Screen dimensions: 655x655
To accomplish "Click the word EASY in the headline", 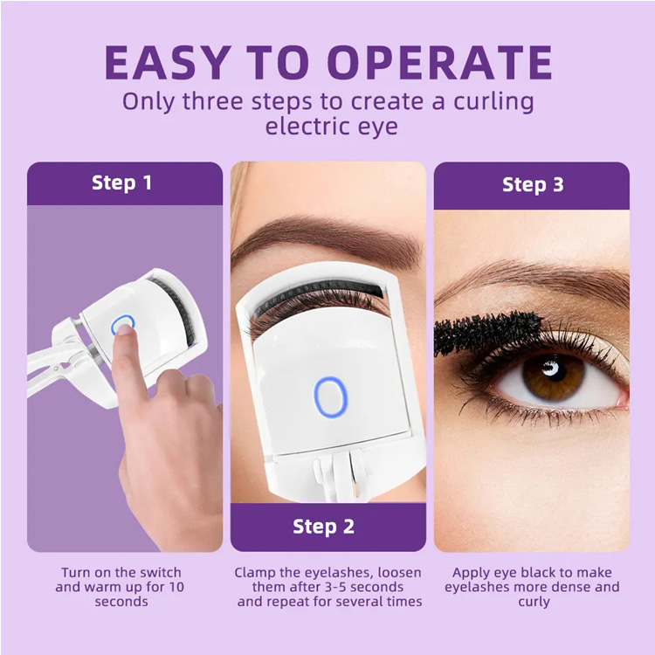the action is [168, 62].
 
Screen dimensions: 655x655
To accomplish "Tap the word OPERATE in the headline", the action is [440, 62].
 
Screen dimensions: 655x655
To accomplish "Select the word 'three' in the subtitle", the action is [212, 101].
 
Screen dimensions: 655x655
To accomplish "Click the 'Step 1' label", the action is [121, 183].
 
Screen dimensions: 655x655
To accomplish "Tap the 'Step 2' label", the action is [324, 527].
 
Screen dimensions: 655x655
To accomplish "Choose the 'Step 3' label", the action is [533, 184].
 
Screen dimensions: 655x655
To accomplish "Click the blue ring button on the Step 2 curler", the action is [331, 396].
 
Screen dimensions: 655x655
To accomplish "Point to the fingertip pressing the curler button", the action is [124, 329].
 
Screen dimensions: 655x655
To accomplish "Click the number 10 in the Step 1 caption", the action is [176, 587].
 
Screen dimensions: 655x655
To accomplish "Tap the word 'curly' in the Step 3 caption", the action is [534, 603].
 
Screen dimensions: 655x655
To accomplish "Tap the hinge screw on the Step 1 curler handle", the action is [56, 369].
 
